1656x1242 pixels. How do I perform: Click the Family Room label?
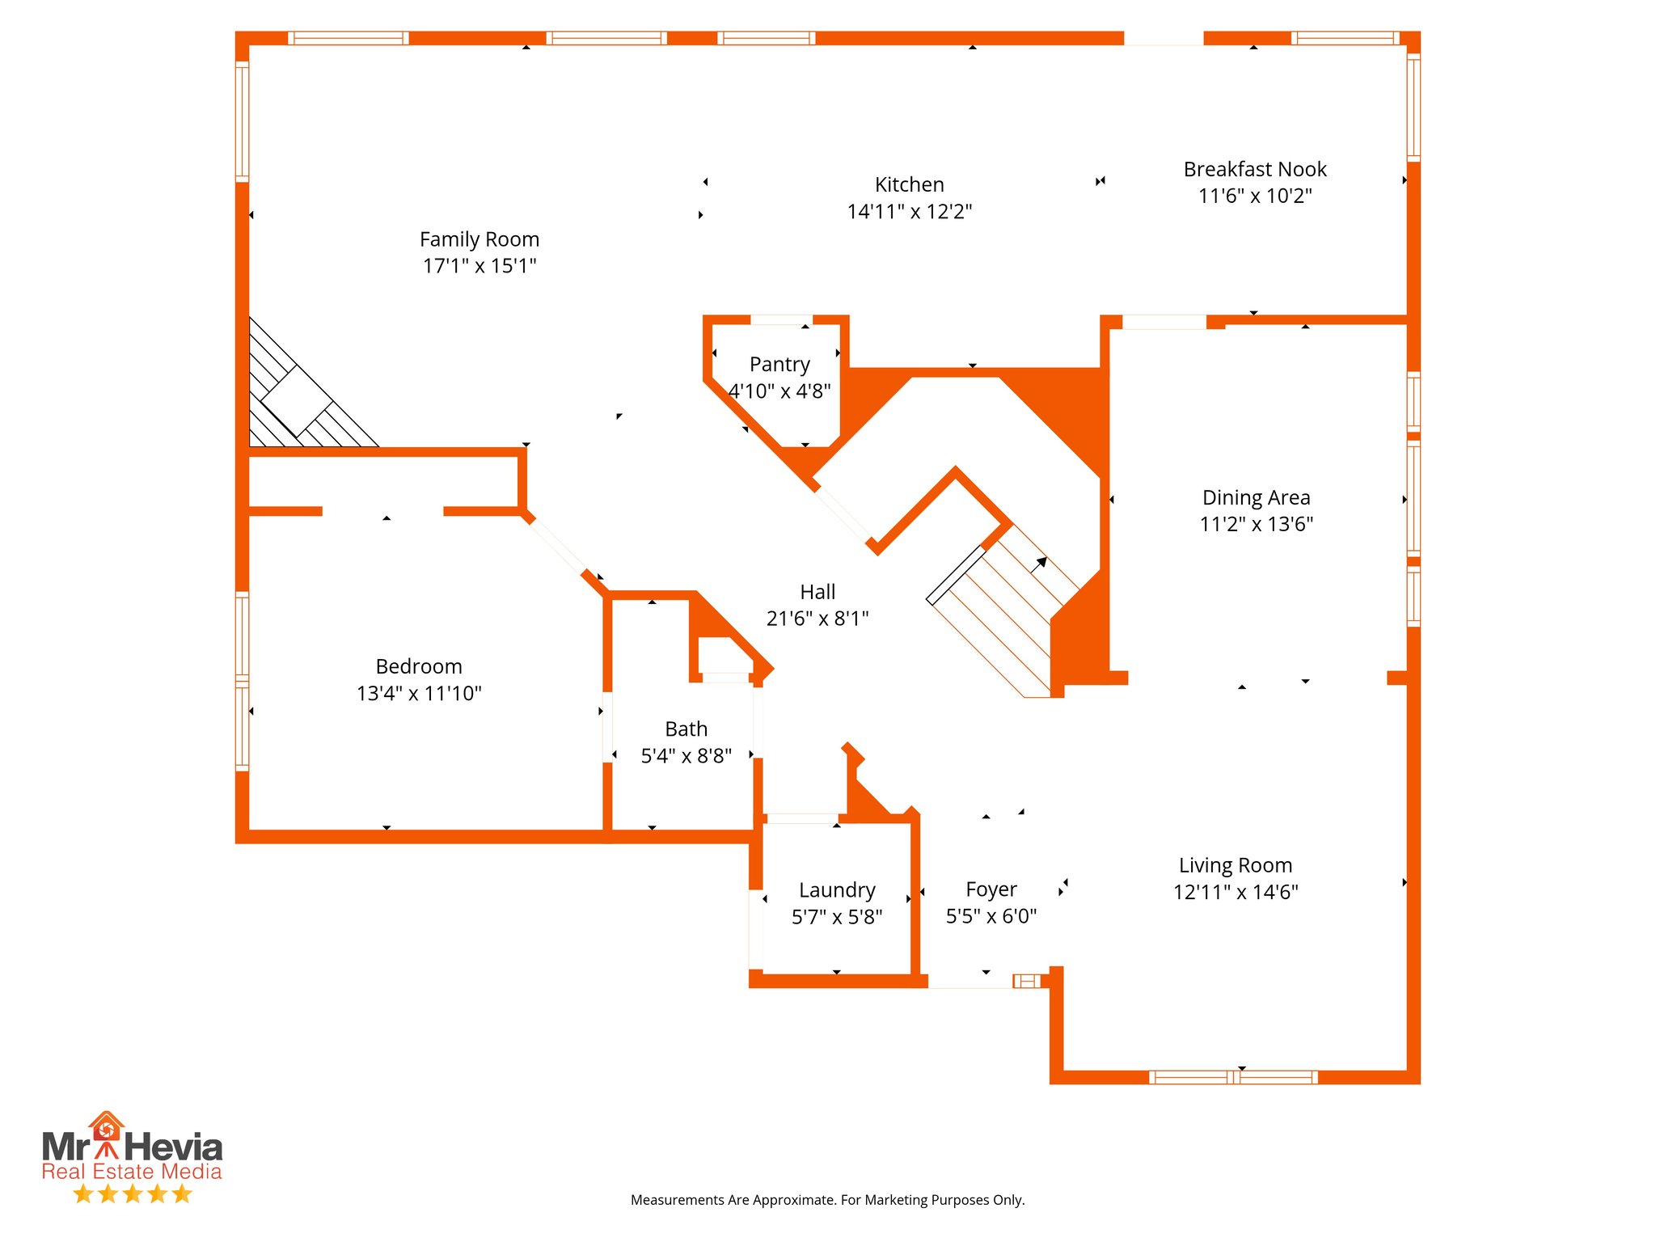(x=479, y=239)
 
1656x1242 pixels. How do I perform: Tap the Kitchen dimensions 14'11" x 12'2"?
(x=909, y=212)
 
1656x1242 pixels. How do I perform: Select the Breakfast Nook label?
(x=1254, y=170)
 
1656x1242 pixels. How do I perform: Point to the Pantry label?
(x=779, y=365)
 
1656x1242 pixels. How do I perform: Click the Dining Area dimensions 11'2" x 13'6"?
(x=1256, y=524)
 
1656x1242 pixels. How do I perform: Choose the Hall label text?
(x=817, y=592)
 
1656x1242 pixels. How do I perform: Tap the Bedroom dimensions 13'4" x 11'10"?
(x=419, y=693)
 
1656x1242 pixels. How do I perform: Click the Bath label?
(x=686, y=729)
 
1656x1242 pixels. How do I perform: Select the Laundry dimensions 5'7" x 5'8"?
(x=836, y=917)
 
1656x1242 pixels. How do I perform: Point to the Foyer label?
(x=991, y=889)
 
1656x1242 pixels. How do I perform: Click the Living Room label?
(x=1235, y=865)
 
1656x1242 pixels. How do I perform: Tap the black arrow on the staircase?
(x=1040, y=563)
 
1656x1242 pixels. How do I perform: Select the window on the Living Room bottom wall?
(x=1232, y=1077)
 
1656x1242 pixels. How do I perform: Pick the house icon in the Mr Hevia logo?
(x=106, y=1126)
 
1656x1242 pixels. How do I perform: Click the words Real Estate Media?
(x=132, y=1172)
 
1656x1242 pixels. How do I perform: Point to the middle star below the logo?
(x=132, y=1193)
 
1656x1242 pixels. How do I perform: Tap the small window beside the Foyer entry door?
(x=1027, y=981)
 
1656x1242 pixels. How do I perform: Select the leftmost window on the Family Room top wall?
(x=348, y=38)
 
